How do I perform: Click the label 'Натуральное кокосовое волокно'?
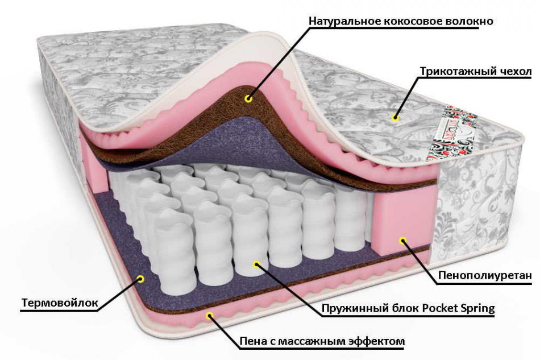[401, 22]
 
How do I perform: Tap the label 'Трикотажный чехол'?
[476, 72]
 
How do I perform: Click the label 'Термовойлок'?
[60, 303]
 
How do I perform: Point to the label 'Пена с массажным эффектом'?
[322, 341]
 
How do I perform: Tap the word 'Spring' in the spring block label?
[478, 308]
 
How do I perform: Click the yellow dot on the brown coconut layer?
[248, 99]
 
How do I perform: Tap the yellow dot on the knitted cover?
[396, 118]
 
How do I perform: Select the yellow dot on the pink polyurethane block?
[403, 240]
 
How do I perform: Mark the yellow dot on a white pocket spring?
[256, 264]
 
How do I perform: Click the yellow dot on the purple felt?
[140, 279]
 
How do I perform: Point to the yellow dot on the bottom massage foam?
[209, 315]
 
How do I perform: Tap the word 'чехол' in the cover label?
[514, 72]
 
